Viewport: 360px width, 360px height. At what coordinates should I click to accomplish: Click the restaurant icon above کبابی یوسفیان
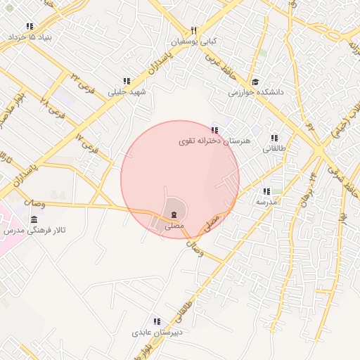pyautogui.click(x=194, y=31)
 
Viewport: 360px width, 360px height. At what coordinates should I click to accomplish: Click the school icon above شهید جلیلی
pyautogui.click(x=127, y=82)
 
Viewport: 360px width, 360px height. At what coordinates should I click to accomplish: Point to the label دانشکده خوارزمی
pyautogui.click(x=255, y=92)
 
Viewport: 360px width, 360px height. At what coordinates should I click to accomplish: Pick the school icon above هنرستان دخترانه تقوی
pyautogui.click(x=214, y=130)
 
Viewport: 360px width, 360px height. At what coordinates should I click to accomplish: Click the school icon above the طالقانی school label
pyautogui.click(x=274, y=139)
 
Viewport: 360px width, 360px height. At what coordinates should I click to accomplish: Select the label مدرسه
pyautogui.click(x=266, y=202)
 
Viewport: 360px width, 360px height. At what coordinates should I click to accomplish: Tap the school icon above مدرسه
pyautogui.click(x=266, y=191)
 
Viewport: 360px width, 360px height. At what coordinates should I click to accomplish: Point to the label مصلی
pyautogui.click(x=173, y=226)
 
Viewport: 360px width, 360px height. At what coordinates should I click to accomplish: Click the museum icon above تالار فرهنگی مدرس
pyautogui.click(x=34, y=221)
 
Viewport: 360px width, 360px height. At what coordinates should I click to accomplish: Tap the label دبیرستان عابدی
pyautogui.click(x=157, y=331)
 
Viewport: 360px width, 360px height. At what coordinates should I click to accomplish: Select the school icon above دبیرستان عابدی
pyautogui.click(x=157, y=321)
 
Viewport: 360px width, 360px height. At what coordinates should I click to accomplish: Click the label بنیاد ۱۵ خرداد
pyautogui.click(x=36, y=36)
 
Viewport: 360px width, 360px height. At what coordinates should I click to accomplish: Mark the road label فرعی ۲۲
pyautogui.click(x=81, y=79)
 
